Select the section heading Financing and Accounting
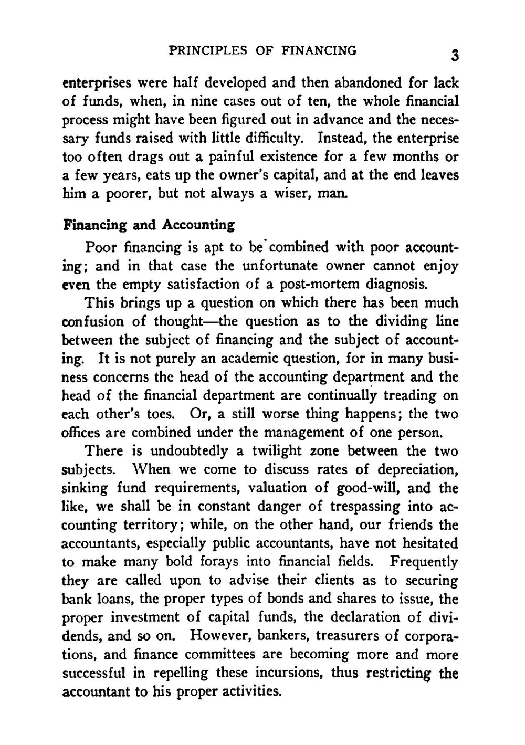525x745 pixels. (x=149, y=225)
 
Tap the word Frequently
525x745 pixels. (x=424, y=562)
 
